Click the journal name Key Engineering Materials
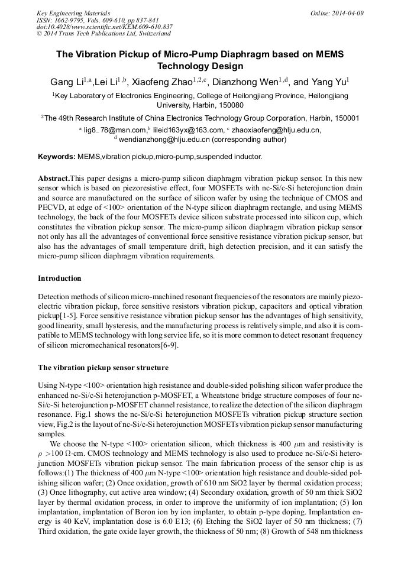tap(73, 13)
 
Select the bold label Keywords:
tap(57, 157)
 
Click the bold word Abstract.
tap(53, 178)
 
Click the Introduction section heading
tap(60, 278)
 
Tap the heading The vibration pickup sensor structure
tap(103, 368)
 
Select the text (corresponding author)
tap(249, 140)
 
